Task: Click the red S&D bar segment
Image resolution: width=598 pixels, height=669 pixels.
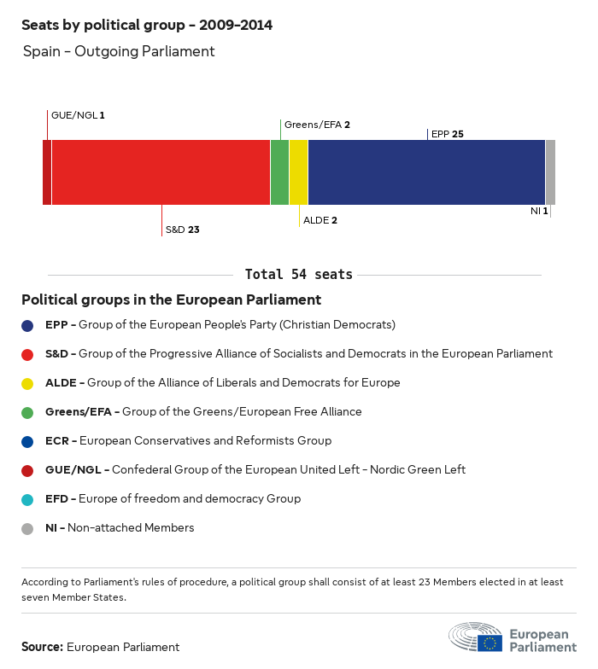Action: (x=161, y=172)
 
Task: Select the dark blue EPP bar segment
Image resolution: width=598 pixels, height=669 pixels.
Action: (x=426, y=172)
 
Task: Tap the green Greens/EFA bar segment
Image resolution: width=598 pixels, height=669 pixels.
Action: (x=279, y=172)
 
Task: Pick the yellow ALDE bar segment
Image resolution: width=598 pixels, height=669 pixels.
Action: (x=298, y=172)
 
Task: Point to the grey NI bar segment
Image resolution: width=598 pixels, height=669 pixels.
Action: (x=550, y=172)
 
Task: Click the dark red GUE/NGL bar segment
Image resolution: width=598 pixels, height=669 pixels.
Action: (x=47, y=172)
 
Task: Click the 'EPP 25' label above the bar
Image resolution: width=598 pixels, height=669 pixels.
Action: (x=448, y=134)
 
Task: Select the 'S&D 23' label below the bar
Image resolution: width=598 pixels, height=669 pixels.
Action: (x=182, y=230)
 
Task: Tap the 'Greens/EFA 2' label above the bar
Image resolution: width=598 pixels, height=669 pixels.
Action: (x=317, y=125)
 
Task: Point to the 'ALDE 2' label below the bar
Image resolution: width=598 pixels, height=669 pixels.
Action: (x=320, y=220)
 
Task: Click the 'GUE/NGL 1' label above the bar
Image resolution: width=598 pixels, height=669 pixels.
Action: (x=78, y=114)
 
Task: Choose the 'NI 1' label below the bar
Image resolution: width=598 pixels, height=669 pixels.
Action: (x=539, y=211)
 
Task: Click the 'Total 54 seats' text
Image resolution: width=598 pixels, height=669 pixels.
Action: (x=298, y=275)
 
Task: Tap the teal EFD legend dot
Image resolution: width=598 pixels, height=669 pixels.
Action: (x=27, y=499)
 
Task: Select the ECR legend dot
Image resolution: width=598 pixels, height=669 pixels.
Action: (x=27, y=441)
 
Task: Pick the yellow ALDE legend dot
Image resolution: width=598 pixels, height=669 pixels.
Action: (x=27, y=383)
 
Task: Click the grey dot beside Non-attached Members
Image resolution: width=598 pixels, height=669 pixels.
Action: (x=27, y=528)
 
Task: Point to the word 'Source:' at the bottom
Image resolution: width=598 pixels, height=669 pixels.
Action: (x=42, y=647)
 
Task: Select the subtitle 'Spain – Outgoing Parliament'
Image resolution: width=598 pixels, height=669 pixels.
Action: (x=119, y=52)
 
